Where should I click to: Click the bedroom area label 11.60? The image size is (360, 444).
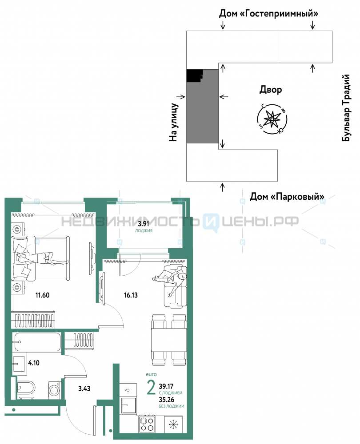(42, 295)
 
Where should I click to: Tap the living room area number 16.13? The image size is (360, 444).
(131, 295)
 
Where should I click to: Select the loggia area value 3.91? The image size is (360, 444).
(144, 224)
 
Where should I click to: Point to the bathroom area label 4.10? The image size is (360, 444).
(34, 363)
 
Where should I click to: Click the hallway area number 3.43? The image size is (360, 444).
(84, 388)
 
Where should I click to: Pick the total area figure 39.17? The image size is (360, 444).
(166, 386)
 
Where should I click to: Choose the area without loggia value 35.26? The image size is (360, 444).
(166, 400)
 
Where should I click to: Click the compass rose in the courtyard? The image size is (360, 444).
(272, 119)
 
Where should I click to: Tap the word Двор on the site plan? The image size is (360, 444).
(271, 90)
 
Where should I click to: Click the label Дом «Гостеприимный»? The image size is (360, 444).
(268, 13)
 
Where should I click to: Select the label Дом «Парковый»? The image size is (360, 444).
(287, 196)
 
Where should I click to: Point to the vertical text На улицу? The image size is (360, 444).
(173, 122)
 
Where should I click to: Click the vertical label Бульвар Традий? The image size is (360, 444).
(346, 108)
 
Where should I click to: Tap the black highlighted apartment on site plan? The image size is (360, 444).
(194, 75)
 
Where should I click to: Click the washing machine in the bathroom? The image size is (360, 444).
(54, 390)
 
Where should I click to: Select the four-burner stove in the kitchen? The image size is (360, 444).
(147, 424)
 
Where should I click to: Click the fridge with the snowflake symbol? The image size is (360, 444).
(173, 424)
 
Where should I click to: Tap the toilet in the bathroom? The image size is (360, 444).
(26, 388)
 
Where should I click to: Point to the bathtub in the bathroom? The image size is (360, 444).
(37, 342)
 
